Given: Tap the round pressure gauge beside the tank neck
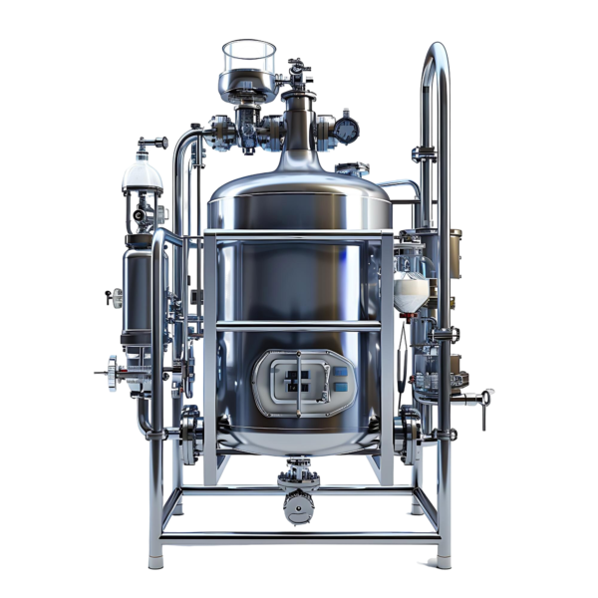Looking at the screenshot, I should (x=347, y=130).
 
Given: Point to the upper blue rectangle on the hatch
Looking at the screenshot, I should (x=340, y=371).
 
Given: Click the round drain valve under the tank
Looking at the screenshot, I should (x=298, y=509).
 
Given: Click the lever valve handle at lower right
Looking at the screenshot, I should (x=484, y=398).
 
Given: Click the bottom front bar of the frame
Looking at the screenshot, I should (x=299, y=537).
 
